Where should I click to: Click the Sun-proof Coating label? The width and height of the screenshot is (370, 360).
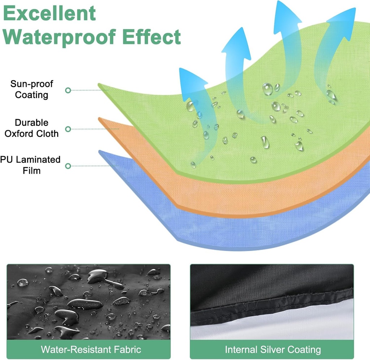(32, 89)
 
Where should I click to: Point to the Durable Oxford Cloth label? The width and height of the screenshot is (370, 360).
(31, 128)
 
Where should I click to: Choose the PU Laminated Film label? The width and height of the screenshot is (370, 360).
(31, 165)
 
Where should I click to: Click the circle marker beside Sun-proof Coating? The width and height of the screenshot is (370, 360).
(68, 90)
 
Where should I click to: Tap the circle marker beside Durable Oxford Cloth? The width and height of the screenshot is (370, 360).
(68, 129)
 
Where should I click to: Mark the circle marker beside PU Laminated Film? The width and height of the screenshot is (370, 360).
(68, 166)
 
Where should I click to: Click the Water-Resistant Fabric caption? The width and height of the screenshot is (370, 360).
(91, 350)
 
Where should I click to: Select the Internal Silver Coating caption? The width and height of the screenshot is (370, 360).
(273, 350)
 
